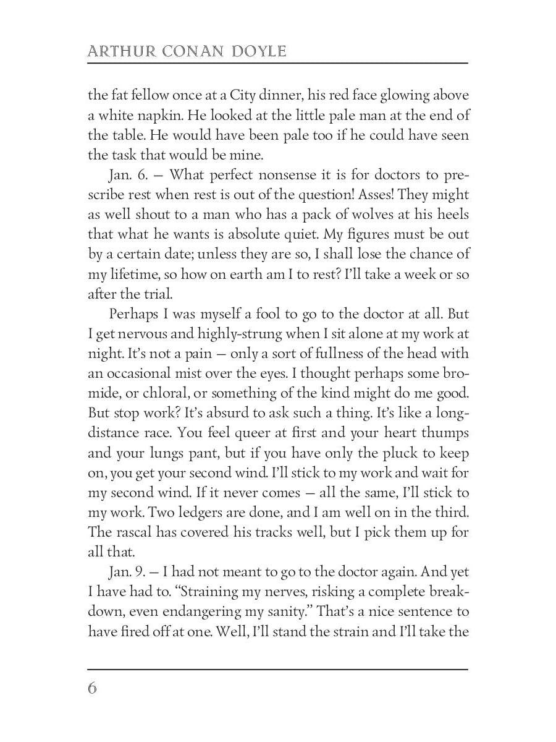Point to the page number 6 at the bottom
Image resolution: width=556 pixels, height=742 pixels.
click(93, 688)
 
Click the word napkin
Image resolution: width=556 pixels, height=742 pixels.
click(163, 115)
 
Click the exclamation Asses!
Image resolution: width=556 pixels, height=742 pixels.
click(374, 195)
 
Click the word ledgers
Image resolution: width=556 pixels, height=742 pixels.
click(206, 513)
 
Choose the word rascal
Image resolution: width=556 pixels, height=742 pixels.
click(133, 532)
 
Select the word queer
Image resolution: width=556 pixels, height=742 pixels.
click(246, 433)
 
